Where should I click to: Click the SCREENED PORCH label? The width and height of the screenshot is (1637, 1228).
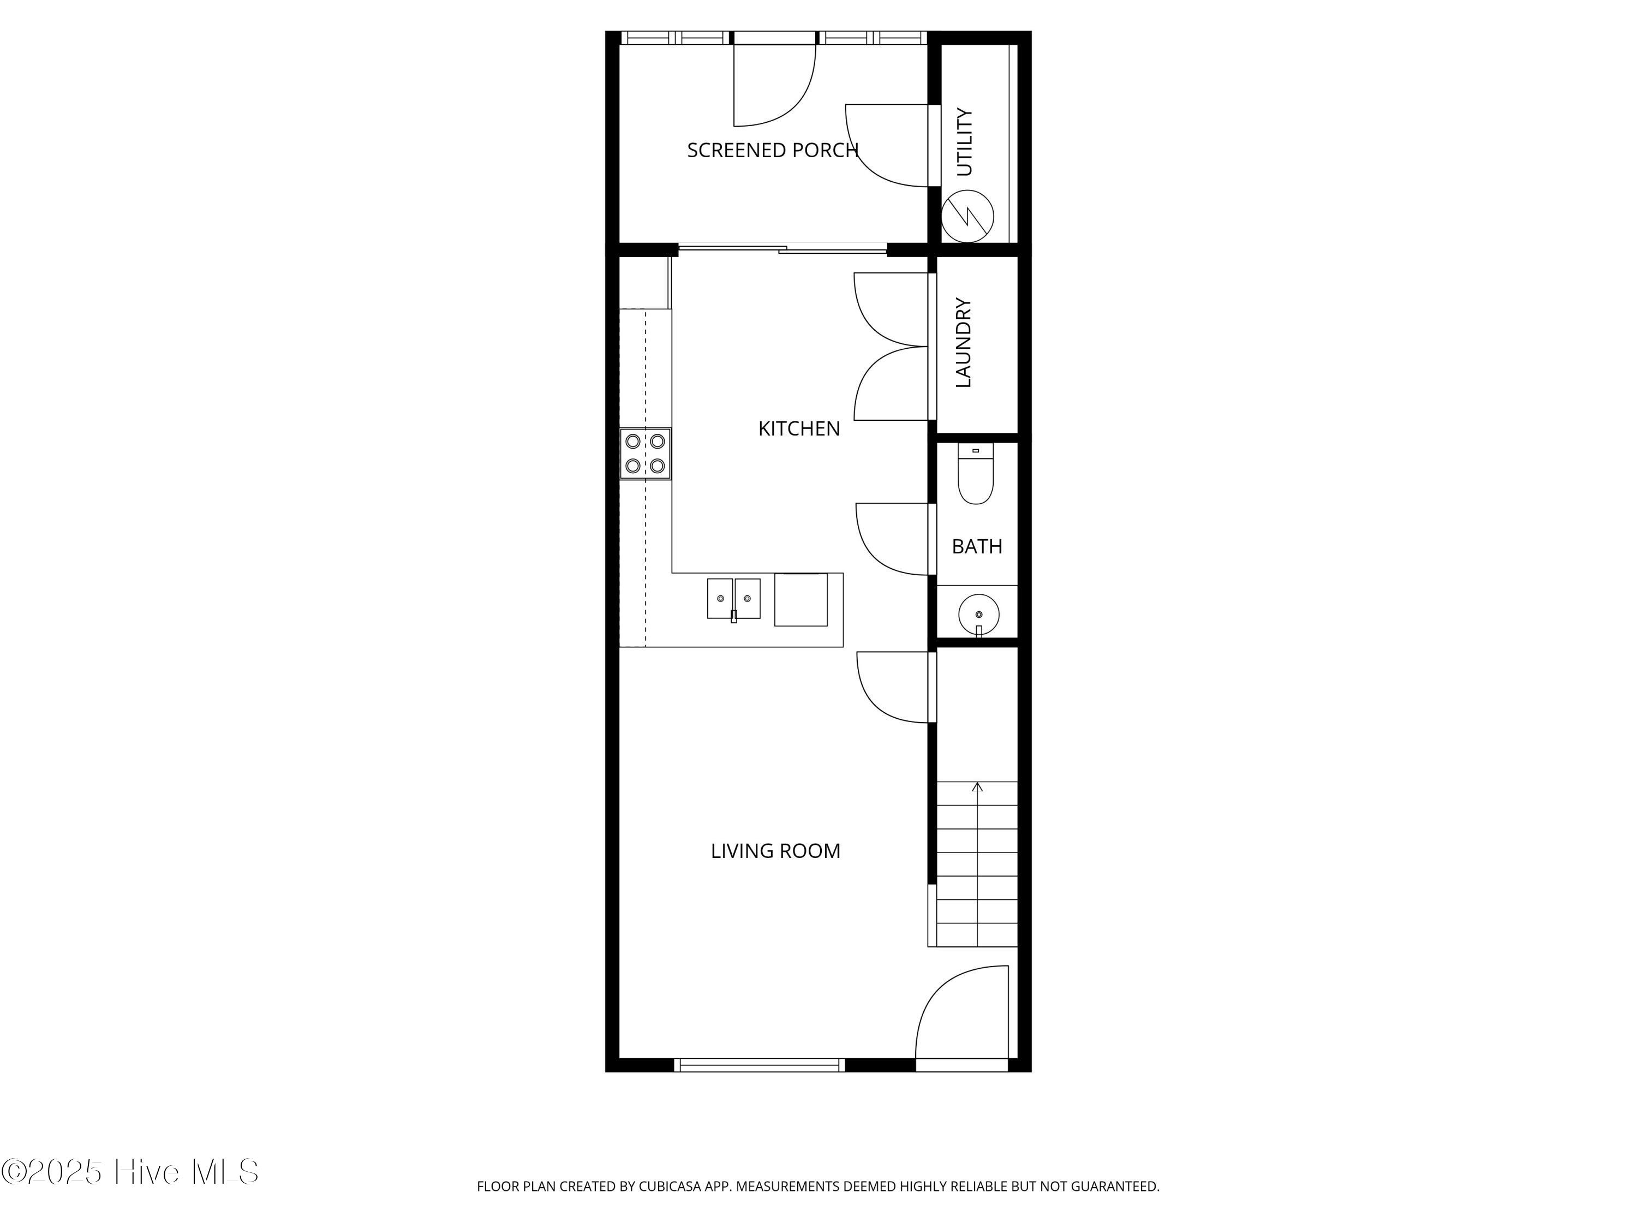(773, 150)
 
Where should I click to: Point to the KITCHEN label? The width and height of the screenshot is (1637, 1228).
(799, 428)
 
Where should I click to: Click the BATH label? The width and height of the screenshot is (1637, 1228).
(977, 546)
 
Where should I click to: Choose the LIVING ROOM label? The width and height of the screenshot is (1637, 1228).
(775, 851)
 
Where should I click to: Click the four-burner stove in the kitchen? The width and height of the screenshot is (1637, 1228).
(646, 454)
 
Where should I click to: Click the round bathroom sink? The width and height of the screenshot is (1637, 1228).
(978, 615)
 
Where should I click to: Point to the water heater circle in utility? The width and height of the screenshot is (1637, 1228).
(967, 216)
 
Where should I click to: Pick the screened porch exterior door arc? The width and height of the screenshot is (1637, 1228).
(800, 104)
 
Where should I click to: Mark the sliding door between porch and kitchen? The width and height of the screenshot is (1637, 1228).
(782, 249)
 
